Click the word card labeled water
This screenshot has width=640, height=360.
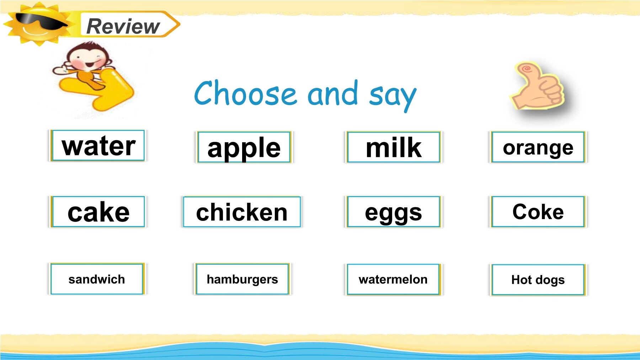tap(98, 145)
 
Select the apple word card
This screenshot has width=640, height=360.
tap(244, 147)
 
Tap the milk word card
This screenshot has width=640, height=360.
tap(394, 147)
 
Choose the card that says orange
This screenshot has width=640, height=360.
tap(538, 147)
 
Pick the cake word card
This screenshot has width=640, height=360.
tap(98, 212)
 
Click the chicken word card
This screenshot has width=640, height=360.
tap(242, 212)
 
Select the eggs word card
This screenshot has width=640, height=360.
tap(394, 212)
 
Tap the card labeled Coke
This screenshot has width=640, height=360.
tap(538, 212)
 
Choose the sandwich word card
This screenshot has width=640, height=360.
tap(97, 279)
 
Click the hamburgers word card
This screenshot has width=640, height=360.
tap(242, 279)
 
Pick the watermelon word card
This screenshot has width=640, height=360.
tap(394, 280)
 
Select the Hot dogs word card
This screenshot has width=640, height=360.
tap(538, 280)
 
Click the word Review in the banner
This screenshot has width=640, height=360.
tap(123, 26)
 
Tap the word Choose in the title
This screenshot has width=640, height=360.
tap(245, 93)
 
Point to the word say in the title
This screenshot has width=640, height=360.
tap(393, 96)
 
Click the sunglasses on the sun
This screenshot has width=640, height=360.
tap(41, 21)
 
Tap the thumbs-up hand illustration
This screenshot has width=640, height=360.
tap(538, 86)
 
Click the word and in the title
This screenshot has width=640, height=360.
tap(333, 93)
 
